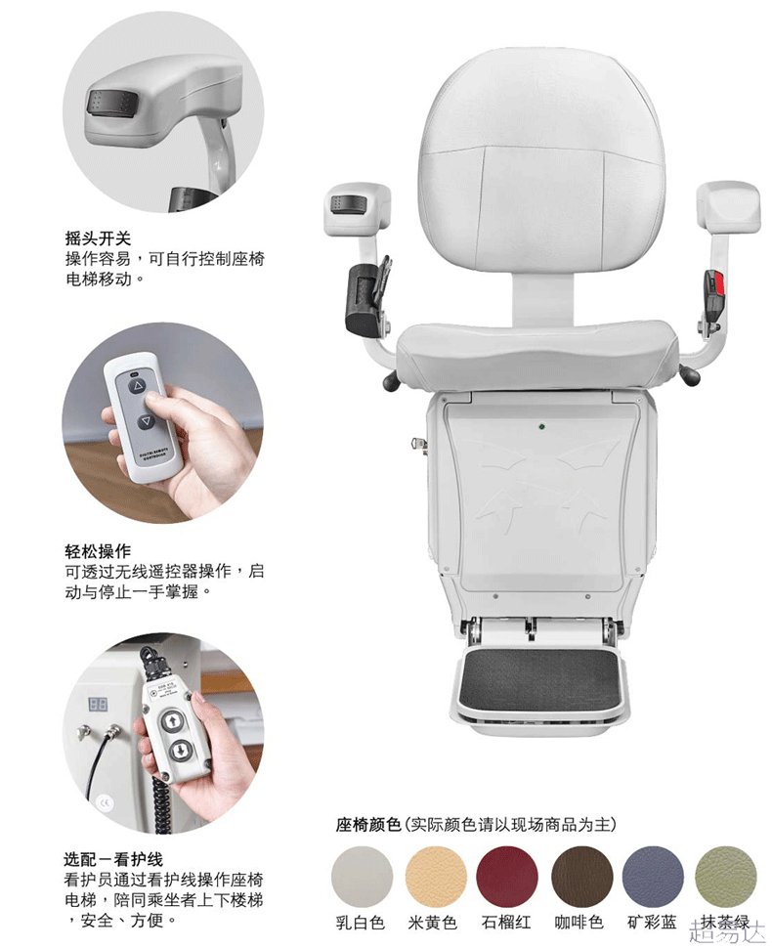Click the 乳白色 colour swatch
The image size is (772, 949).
click(x=362, y=877)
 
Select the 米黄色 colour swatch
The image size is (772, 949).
click(x=434, y=877)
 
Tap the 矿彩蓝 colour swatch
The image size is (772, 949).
click(x=653, y=877)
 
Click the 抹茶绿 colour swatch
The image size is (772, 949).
click(x=725, y=877)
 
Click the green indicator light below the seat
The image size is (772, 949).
click(x=540, y=427)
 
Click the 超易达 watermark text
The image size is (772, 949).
click(x=723, y=929)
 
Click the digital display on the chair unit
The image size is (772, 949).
click(x=98, y=704)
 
